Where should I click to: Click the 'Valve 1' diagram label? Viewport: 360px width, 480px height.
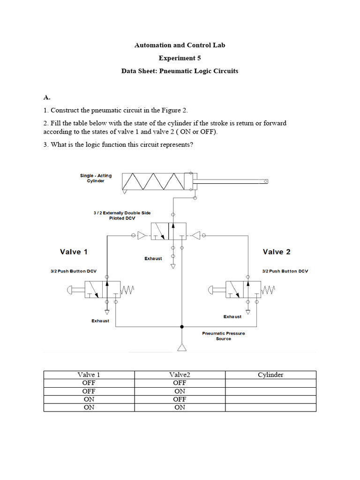[x=74, y=252]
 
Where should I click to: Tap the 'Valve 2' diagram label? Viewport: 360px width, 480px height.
[x=277, y=252]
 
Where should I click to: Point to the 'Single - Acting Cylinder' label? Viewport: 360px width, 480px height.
[x=96, y=178]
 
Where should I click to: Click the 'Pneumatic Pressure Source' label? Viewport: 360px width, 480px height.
[x=223, y=336]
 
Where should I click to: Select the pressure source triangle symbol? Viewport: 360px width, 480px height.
[x=182, y=347]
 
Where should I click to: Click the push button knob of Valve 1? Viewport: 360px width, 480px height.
[x=71, y=290]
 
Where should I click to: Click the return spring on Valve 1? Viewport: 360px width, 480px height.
[x=127, y=291]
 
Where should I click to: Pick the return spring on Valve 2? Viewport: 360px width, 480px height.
[x=268, y=291]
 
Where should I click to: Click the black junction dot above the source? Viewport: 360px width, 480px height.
[x=182, y=326]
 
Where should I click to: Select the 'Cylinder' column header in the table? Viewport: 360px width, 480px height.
[x=270, y=375]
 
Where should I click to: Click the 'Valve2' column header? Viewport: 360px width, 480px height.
[x=180, y=375]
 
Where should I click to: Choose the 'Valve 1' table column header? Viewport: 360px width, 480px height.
[x=89, y=375]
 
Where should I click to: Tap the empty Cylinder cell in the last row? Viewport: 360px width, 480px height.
[x=270, y=407]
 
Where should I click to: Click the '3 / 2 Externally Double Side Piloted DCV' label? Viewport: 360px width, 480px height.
[x=122, y=216]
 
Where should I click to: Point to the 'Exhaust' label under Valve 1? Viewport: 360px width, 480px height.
[x=100, y=321]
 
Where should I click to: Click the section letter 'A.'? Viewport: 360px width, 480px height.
[x=47, y=97]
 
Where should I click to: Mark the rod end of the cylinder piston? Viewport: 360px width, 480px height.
[x=266, y=181]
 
